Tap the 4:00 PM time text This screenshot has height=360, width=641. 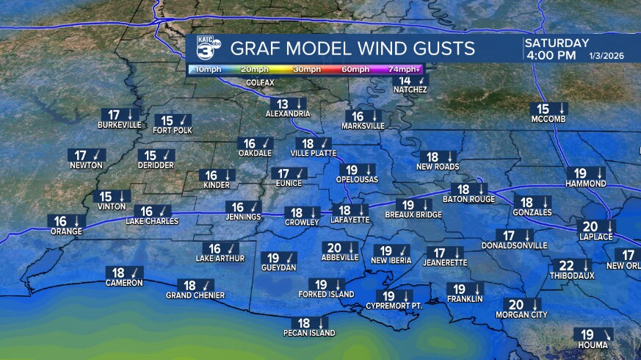click(550, 55)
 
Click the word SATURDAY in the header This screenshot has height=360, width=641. click(557, 43)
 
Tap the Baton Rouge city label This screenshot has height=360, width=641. click(468, 199)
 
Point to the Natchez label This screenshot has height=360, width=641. click(410, 90)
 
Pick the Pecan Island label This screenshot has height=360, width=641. click(309, 333)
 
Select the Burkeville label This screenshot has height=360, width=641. click(119, 125)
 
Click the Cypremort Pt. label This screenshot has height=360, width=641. click(394, 306)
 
